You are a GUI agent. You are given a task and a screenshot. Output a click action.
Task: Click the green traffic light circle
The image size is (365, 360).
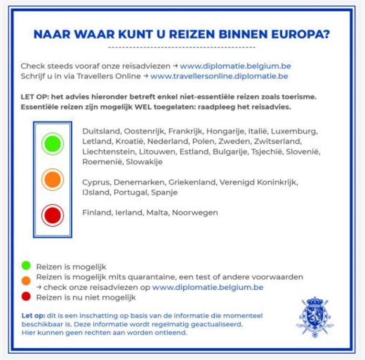pos(52,143)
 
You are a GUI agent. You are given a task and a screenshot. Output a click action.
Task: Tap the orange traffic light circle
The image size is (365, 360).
pos(52,179)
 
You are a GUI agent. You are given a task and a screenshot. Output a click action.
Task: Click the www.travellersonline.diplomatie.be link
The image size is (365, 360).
pos(219,76)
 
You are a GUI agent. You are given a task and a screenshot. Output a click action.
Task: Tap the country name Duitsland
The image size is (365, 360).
pos(101,131)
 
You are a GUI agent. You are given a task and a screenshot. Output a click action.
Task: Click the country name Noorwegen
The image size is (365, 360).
pos(195,213)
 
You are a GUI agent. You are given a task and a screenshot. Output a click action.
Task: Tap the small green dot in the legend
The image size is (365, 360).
pos(26,266)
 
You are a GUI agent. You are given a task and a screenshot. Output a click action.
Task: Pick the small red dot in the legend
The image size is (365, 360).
pos(26,297)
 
